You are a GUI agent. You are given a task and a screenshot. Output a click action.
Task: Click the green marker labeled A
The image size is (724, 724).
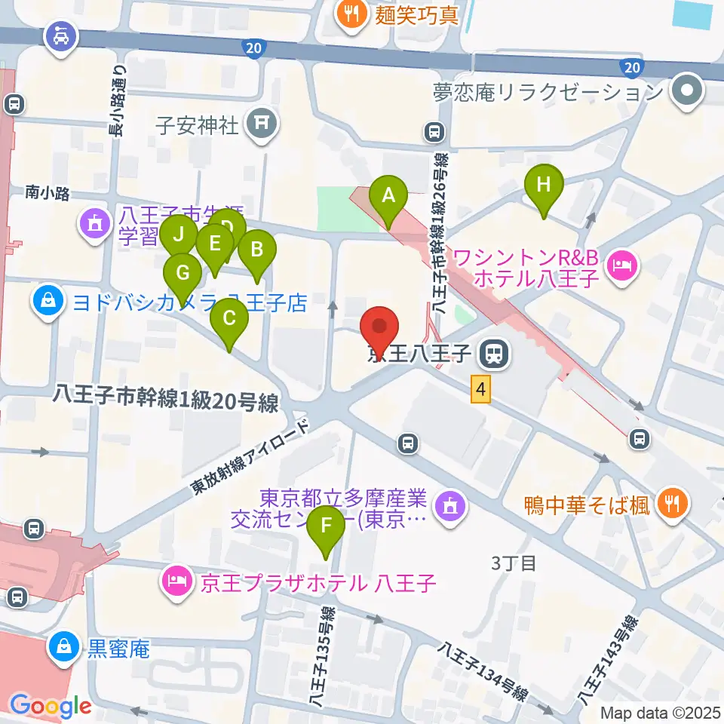pyautogui.click(x=388, y=198)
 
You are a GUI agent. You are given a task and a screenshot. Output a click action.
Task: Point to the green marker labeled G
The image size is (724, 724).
pyautogui.click(x=183, y=271)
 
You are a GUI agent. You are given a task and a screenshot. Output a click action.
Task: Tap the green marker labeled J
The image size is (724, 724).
pyautogui.click(x=179, y=235)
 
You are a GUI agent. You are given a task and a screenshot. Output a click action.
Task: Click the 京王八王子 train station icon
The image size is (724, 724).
pyautogui.click(x=495, y=352)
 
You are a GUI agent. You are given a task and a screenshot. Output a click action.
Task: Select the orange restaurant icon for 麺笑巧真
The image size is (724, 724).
pyautogui.click(x=351, y=13)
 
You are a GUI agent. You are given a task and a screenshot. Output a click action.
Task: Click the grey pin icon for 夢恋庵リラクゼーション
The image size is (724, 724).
pyautogui.click(x=686, y=93)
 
